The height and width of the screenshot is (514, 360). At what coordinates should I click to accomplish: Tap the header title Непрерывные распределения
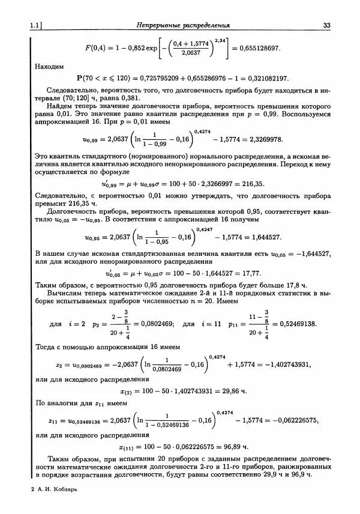183,25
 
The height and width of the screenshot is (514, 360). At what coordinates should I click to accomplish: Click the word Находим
49,66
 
